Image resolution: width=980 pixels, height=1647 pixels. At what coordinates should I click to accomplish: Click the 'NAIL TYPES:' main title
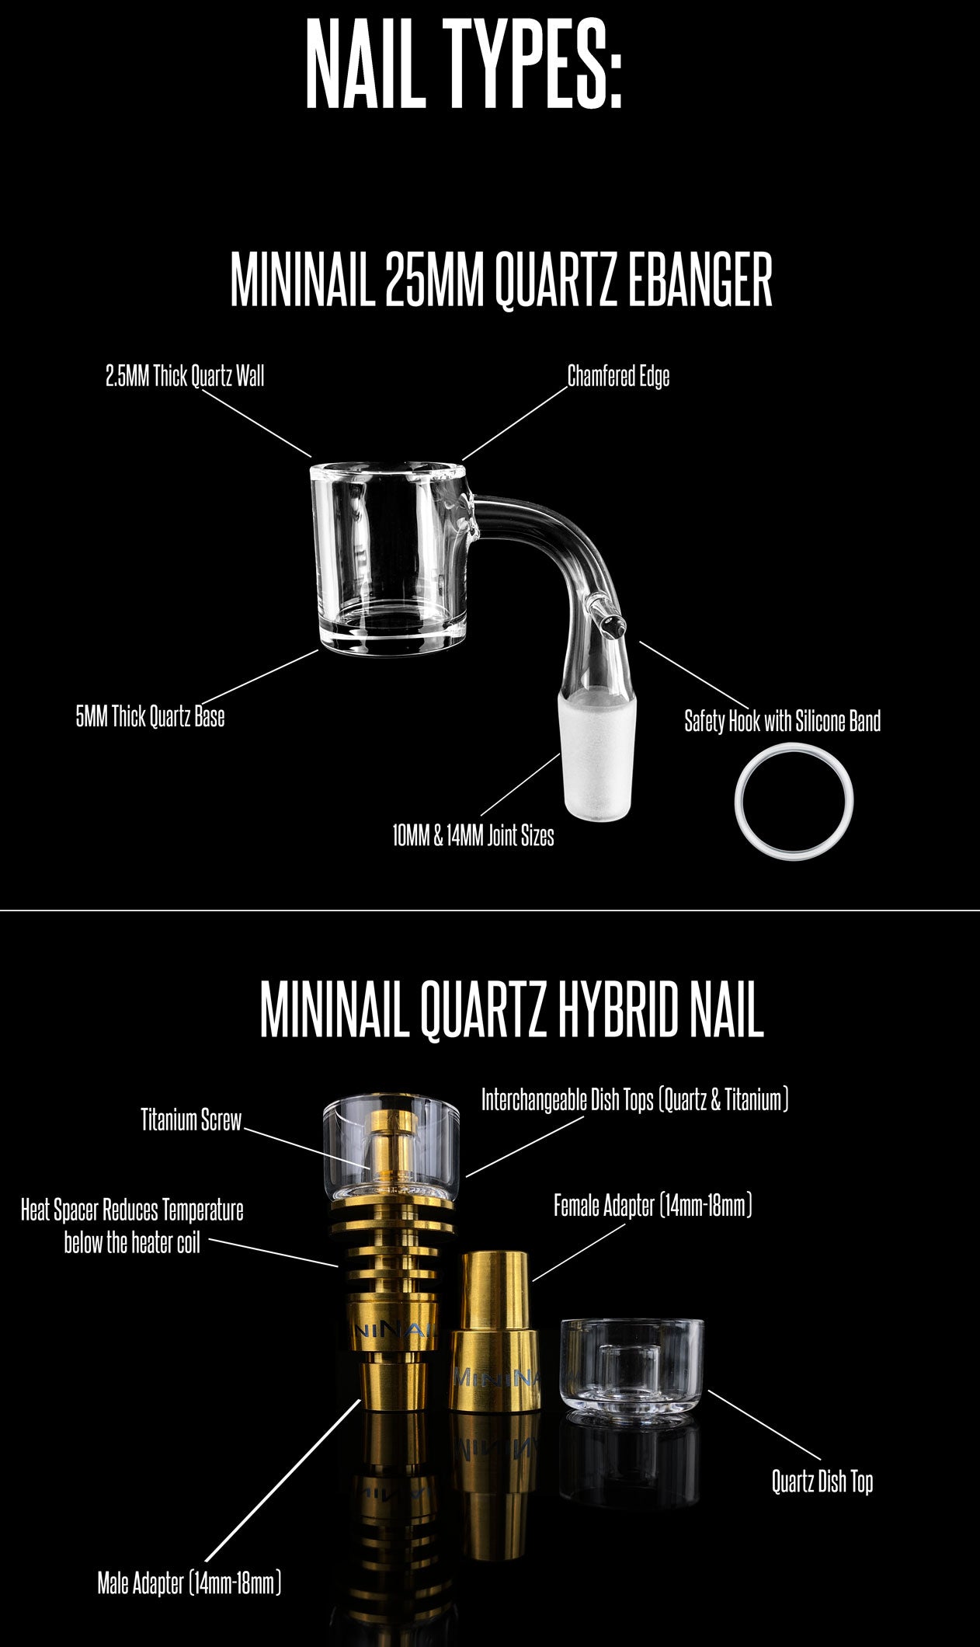tap(464, 64)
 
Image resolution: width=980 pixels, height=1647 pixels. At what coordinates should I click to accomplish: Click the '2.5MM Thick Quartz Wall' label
tap(185, 377)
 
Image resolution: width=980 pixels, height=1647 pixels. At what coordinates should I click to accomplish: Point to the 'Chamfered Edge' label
tap(618, 377)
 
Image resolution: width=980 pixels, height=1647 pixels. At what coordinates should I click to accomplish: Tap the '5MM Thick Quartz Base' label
tap(150, 716)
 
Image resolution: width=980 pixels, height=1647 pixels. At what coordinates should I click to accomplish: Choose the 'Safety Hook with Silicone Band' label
tap(782, 721)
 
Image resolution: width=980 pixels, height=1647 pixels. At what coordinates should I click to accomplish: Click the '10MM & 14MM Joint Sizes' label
tap(473, 836)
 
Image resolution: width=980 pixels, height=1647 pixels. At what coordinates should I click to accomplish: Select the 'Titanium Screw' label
tap(191, 1119)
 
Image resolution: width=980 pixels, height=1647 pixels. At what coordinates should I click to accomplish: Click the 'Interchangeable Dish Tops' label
tap(634, 1100)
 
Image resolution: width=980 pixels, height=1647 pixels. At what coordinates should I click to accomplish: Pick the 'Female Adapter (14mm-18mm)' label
tap(652, 1206)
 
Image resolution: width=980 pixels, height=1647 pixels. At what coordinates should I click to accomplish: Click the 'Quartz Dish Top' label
tap(822, 1482)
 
